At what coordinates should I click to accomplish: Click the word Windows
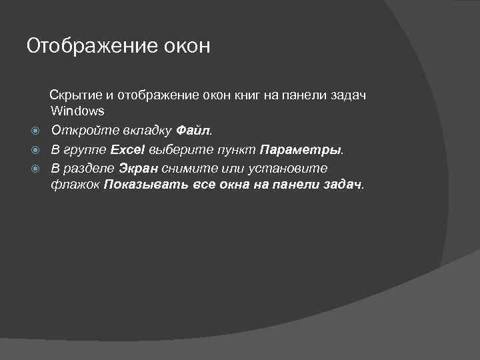[x=77, y=111]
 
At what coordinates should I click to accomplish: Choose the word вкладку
[x=141, y=129]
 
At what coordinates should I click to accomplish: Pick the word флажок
[x=75, y=185]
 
